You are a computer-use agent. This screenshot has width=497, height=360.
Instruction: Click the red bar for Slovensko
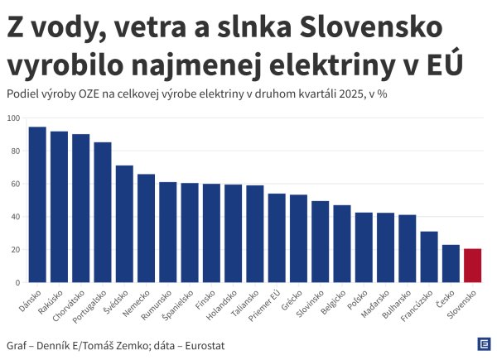473,266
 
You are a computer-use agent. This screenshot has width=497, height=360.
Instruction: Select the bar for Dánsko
37,204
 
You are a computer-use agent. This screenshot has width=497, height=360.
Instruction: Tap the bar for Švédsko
124,224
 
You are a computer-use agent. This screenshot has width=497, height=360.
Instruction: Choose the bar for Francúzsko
429,257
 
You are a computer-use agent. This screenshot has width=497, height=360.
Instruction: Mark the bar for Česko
451,263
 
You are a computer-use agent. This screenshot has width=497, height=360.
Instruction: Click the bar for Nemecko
146,228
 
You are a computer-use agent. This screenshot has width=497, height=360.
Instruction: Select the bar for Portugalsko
103,213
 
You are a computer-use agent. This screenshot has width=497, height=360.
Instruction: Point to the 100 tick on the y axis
13,118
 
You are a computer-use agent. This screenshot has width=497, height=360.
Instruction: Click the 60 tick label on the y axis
15,184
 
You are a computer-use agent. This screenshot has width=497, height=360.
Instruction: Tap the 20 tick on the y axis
15,250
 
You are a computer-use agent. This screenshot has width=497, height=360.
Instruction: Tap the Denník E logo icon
483,344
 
